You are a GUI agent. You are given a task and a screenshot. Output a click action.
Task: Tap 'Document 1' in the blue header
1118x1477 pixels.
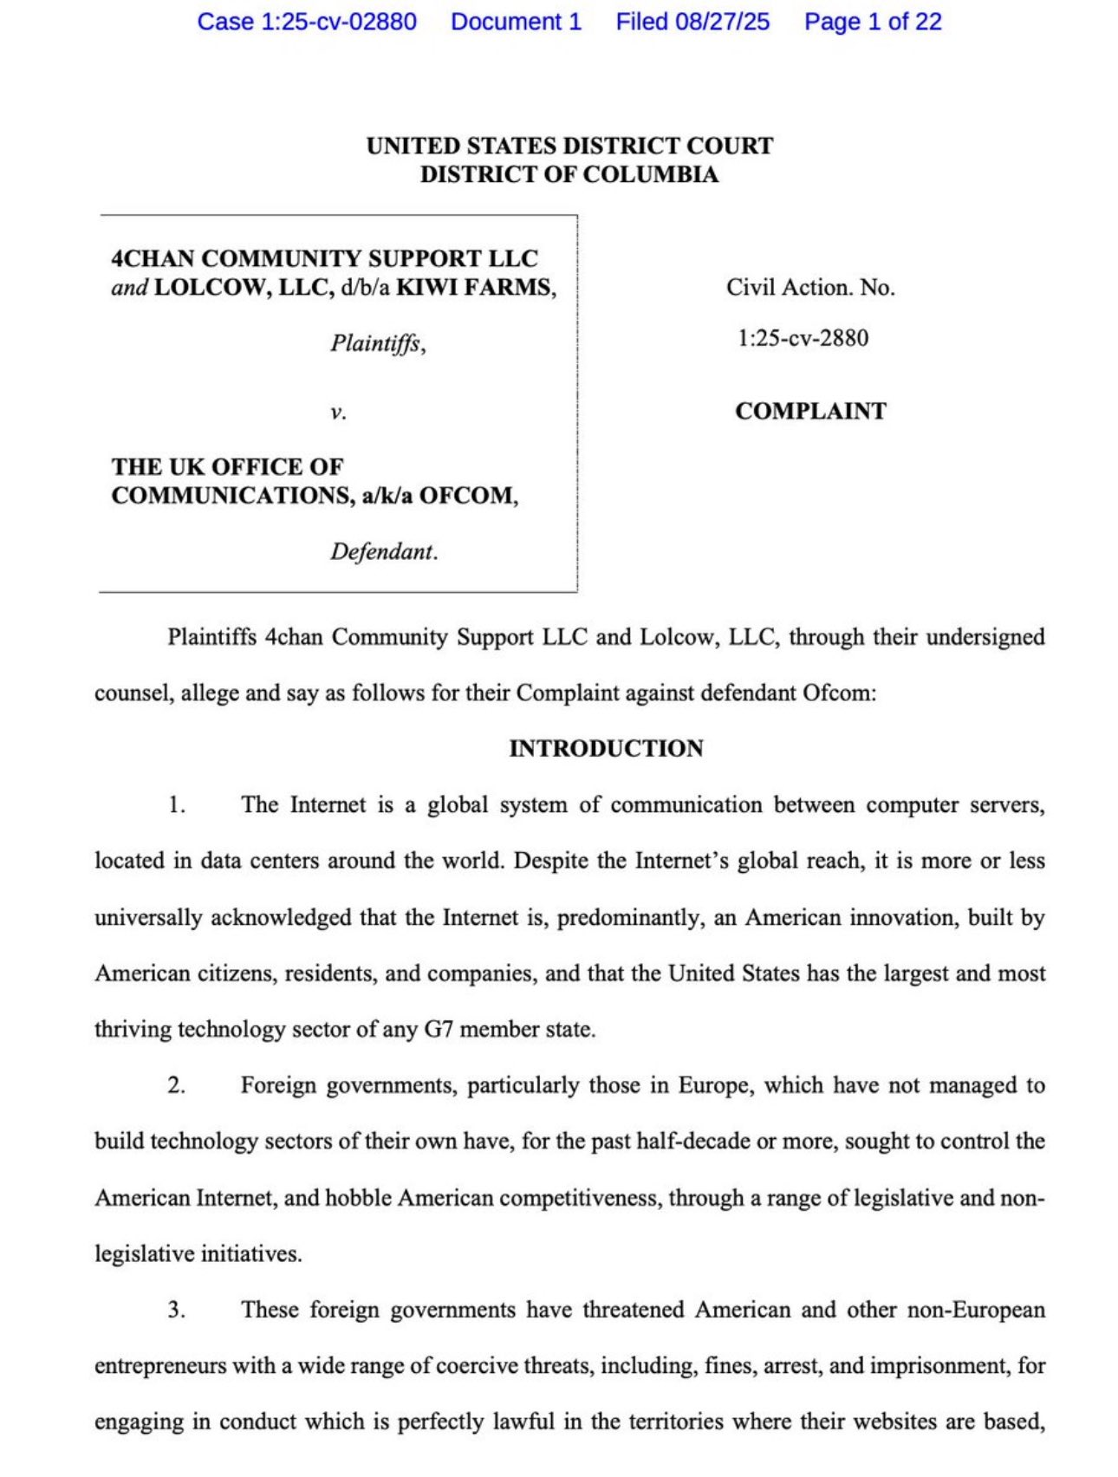click(516, 22)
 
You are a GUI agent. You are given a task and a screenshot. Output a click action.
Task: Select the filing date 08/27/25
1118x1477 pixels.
click(722, 22)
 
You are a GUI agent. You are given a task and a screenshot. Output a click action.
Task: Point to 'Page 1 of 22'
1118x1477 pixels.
click(872, 22)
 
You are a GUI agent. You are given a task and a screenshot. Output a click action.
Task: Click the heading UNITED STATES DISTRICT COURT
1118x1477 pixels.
click(569, 146)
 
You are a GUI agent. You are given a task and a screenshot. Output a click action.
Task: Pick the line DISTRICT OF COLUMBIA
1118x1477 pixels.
click(569, 174)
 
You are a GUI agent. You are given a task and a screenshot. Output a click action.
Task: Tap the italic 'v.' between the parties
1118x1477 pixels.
click(338, 412)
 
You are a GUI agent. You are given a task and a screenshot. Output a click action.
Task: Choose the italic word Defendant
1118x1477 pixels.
click(382, 552)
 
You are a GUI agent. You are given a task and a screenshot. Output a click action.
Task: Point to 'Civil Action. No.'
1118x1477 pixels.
click(810, 288)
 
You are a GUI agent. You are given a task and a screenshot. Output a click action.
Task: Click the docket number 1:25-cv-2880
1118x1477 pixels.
click(803, 338)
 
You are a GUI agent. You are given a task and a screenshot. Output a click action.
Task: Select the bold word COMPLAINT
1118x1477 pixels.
click(810, 411)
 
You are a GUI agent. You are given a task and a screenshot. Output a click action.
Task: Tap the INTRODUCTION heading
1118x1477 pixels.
click(606, 748)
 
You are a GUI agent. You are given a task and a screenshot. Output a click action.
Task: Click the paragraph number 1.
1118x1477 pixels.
click(177, 805)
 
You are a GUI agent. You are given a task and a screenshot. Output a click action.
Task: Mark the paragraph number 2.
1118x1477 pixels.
click(177, 1085)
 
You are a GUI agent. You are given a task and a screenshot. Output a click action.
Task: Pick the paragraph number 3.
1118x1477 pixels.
click(177, 1310)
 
